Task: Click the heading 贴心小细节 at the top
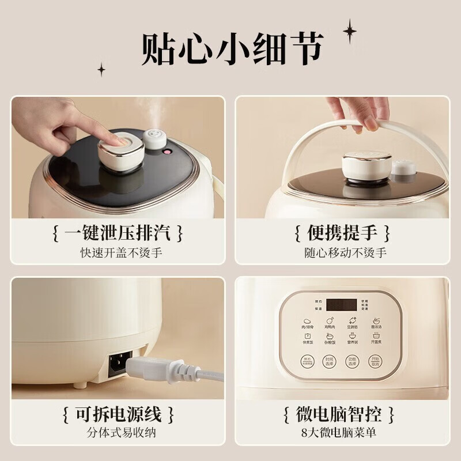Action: [231, 49]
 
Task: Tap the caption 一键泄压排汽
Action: [118, 233]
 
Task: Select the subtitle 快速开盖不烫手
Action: [118, 252]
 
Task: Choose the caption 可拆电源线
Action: [118, 413]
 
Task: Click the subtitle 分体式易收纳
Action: [118, 433]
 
